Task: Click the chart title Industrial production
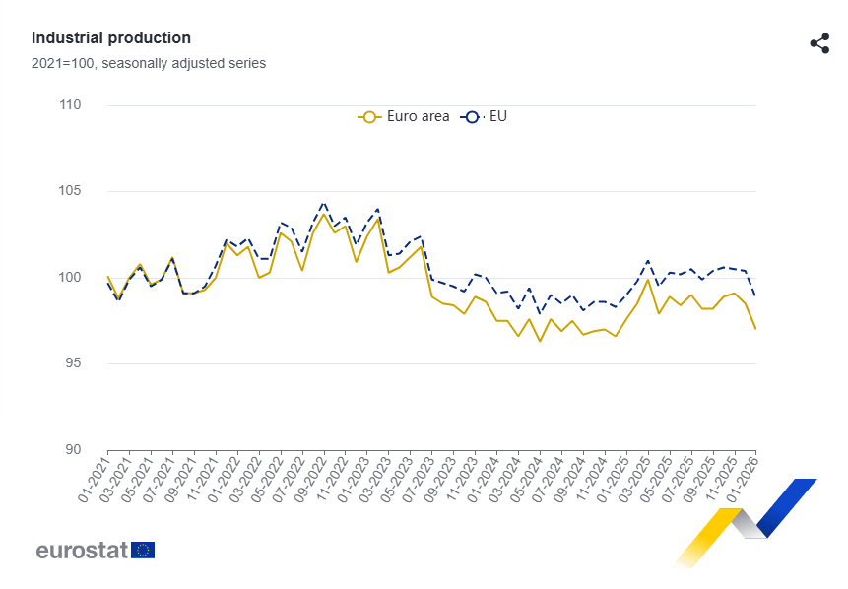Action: click(111, 37)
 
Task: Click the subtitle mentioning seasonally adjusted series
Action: click(148, 63)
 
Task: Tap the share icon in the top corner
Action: click(818, 43)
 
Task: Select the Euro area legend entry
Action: click(404, 116)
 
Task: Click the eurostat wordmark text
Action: click(83, 550)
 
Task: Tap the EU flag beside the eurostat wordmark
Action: click(143, 550)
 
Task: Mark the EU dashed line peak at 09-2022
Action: click(324, 203)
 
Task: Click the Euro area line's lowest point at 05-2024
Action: click(540, 341)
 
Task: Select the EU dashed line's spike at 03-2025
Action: click(648, 261)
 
